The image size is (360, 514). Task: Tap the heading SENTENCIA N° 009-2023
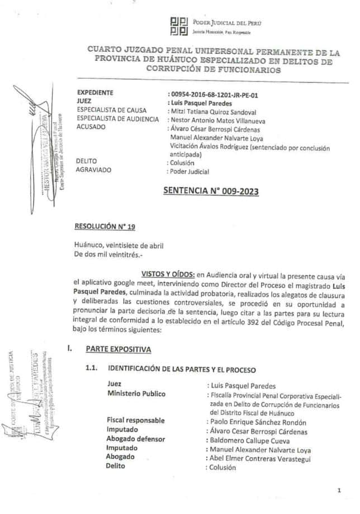point(211,191)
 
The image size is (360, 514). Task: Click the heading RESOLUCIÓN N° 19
point(105,226)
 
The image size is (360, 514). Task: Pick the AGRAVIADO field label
point(94,169)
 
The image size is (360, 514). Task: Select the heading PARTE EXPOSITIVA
point(118,349)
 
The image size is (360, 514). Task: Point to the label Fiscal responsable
point(135,420)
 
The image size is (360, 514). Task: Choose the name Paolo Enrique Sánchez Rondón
point(254,421)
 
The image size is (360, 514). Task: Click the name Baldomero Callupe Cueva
point(245,440)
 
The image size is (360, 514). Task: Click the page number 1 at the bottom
point(339,490)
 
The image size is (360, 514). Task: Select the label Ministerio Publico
point(136,393)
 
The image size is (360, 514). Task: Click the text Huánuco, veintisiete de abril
point(119,245)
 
